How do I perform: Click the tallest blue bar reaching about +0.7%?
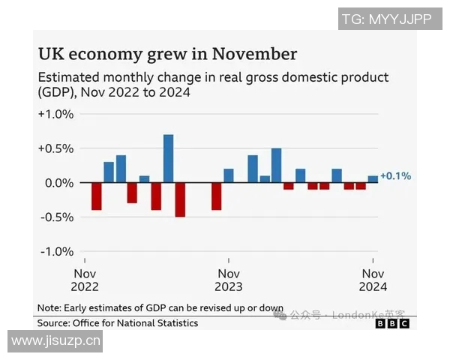169,158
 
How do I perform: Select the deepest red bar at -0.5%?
180,199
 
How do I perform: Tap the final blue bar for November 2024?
373,179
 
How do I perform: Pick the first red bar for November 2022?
96,196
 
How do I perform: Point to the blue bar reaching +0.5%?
276,165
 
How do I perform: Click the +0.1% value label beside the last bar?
395,176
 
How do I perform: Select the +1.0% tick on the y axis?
56,114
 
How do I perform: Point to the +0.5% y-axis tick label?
56,148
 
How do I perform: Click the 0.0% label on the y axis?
58,183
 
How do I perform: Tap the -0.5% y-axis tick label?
56,217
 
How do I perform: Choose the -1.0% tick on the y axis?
56,251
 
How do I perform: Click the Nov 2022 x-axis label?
86,280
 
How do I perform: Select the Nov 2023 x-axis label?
229,280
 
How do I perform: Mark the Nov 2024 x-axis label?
373,280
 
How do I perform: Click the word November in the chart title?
254,54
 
